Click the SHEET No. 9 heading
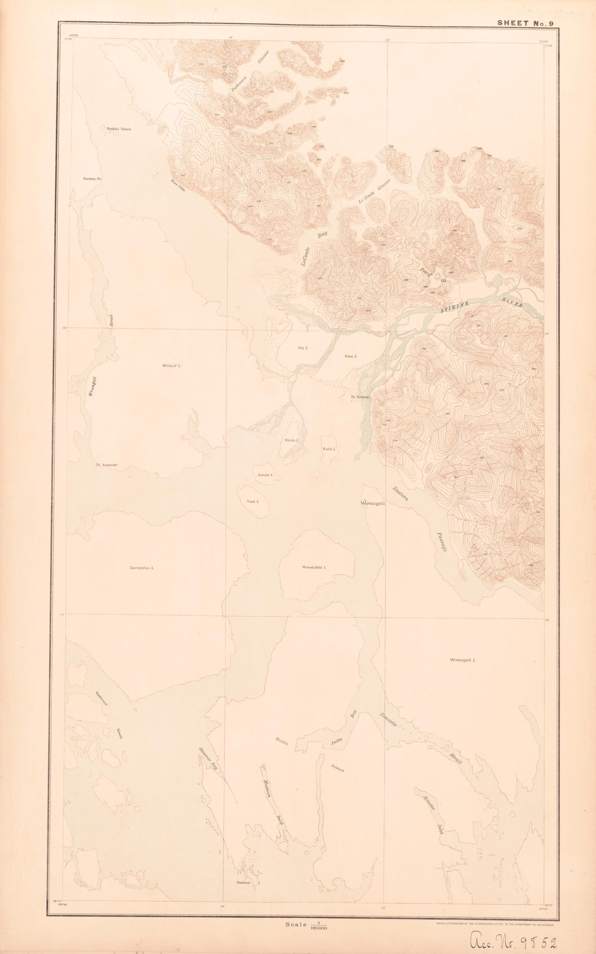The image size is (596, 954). click(x=526, y=23)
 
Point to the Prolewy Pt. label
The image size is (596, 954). click(x=93, y=178)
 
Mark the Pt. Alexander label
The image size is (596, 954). click(x=107, y=465)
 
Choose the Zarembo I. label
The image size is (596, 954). click(x=141, y=568)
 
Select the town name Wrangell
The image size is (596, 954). click(x=373, y=503)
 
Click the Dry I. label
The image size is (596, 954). click(x=303, y=348)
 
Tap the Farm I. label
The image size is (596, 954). click(x=351, y=356)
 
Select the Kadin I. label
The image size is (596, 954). click(x=329, y=449)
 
